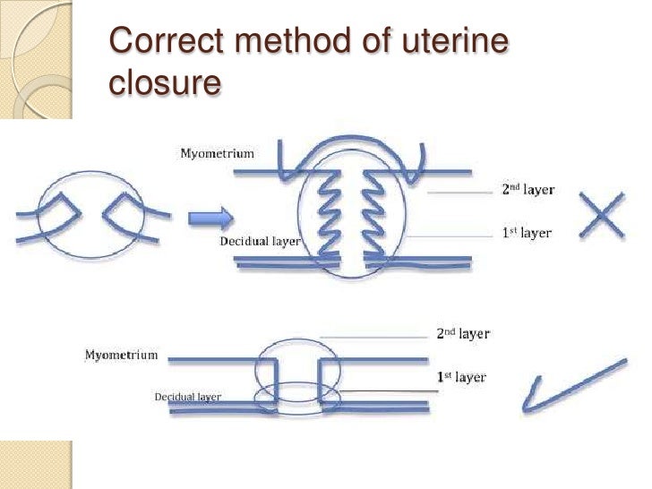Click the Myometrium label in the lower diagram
121,355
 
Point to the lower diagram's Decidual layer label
187,396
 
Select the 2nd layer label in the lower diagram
463,334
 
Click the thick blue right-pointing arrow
211,216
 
